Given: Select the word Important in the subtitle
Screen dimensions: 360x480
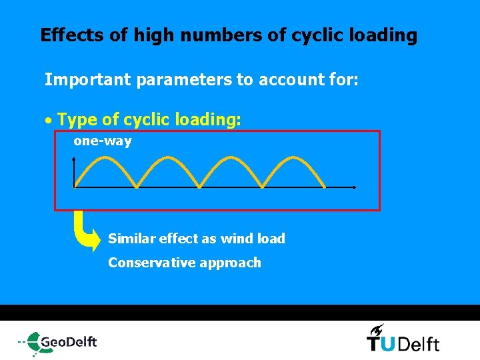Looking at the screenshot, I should click(x=87, y=81).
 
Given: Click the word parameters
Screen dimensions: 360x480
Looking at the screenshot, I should click(x=184, y=81).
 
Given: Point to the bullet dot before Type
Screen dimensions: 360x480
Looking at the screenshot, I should click(x=48, y=122).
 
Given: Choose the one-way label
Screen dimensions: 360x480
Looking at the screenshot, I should click(x=102, y=141).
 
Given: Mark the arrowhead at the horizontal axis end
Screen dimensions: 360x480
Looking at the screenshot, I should click(x=355, y=187).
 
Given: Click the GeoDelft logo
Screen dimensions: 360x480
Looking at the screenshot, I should click(x=59, y=341).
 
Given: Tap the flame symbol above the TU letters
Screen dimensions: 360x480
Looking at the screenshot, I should click(x=377, y=329).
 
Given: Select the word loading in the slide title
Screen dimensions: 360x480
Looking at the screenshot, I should click(x=387, y=35).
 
